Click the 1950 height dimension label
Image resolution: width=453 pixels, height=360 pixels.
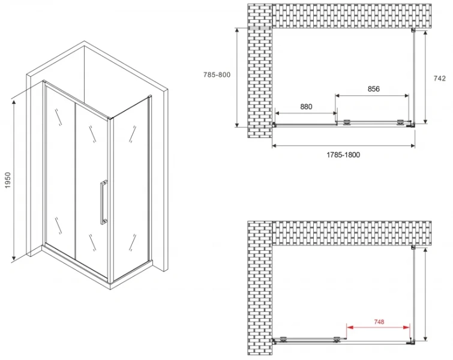[x=8, y=180]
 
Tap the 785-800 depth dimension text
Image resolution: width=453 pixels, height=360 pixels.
[x=217, y=75]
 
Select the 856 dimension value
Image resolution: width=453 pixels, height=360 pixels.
[x=374, y=89]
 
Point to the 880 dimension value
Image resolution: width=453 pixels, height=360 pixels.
[x=306, y=107]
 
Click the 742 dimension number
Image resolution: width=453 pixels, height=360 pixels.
[x=439, y=78]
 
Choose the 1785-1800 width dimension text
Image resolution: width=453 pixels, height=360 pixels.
[x=343, y=155]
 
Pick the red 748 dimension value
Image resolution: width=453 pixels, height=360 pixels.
[x=379, y=322]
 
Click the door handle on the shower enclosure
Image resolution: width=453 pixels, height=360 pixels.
[x=103, y=202]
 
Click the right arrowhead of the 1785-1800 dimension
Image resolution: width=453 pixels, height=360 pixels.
[x=412, y=146]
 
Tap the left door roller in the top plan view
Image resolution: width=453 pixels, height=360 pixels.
[x=347, y=122]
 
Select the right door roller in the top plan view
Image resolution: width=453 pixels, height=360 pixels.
[x=401, y=122]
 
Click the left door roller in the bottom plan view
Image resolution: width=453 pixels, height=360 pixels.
[x=283, y=340]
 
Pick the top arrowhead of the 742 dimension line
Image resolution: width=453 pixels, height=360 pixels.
[x=425, y=33]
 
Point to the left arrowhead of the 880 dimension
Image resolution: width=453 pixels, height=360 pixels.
[x=278, y=113]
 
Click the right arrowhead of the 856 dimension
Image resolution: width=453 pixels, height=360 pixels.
[x=406, y=95]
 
